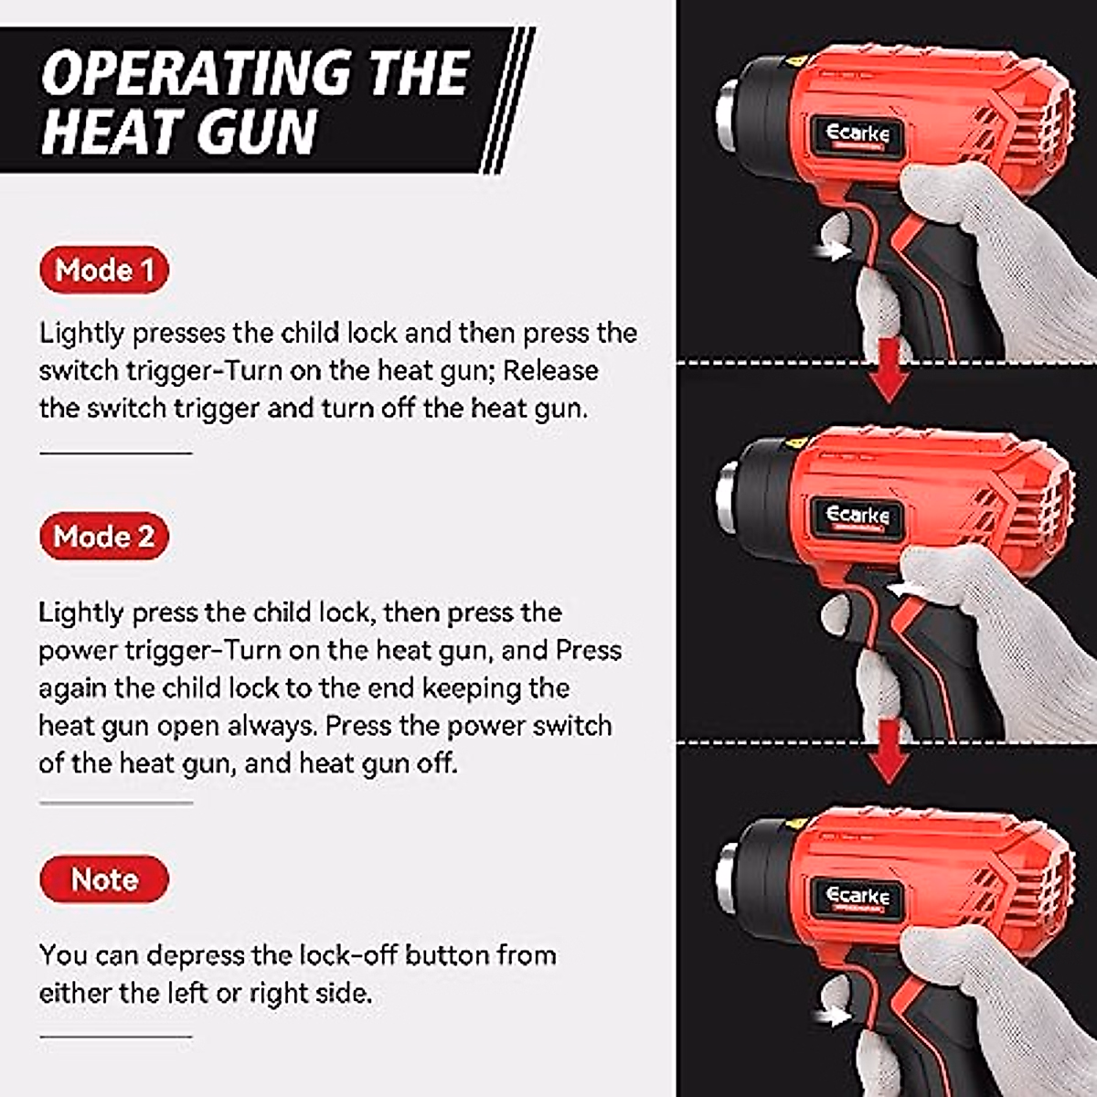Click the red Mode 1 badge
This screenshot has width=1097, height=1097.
(104, 271)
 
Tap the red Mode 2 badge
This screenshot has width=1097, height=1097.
(104, 537)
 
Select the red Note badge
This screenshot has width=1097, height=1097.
(104, 879)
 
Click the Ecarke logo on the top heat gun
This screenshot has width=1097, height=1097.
(857, 134)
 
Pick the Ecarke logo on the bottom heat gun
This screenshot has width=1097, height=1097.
(857, 896)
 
